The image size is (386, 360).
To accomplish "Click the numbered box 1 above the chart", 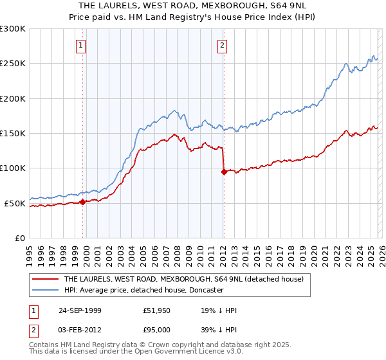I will click(81, 45).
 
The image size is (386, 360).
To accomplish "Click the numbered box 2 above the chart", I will click(222, 45).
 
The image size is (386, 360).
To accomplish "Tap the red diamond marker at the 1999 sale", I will click(83, 202).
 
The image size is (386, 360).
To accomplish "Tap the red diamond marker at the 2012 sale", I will click(223, 172).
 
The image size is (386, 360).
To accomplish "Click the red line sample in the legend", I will click(45, 280).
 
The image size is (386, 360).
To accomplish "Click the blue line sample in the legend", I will click(45, 291).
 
